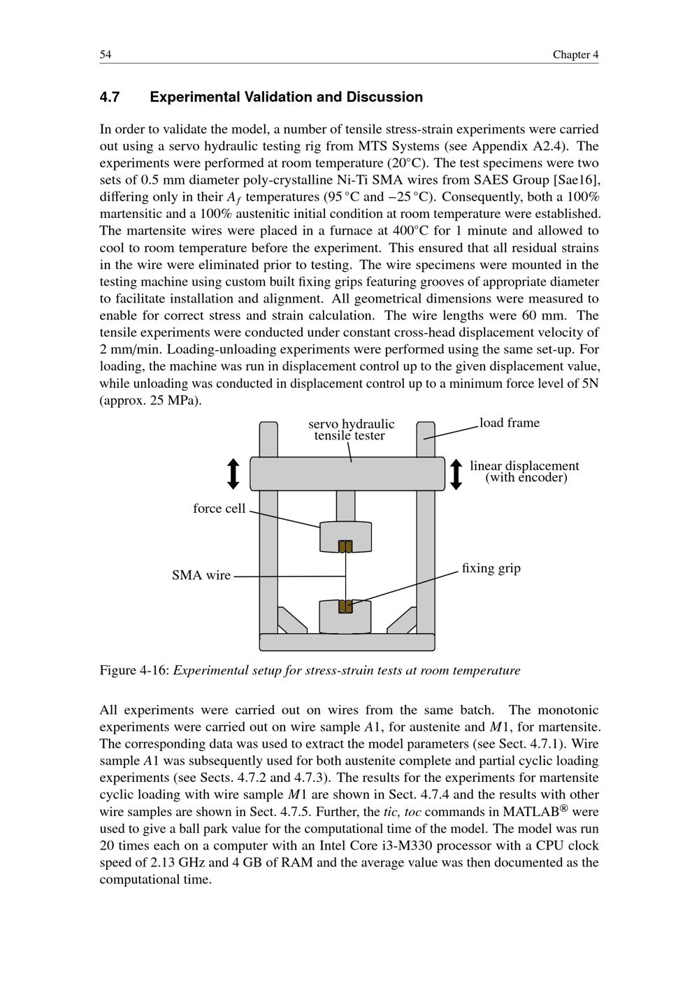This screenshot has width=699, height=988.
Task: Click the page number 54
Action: tap(106, 55)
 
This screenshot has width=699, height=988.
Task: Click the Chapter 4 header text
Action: tap(575, 55)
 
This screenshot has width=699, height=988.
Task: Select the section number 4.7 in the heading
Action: tap(110, 97)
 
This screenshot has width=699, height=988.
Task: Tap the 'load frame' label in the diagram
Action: tap(510, 423)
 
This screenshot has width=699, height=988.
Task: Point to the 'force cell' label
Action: tap(219, 509)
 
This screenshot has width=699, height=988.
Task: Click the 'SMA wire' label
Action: tap(201, 576)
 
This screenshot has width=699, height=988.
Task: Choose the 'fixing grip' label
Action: tap(491, 568)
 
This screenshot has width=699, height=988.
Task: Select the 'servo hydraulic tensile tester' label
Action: tap(351, 430)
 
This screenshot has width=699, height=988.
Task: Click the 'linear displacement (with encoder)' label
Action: tap(525, 472)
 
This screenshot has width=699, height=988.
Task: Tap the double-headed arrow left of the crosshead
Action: tap(234, 474)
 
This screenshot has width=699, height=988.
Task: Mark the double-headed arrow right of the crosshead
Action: tap(456, 474)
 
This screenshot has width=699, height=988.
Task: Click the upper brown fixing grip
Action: tap(345, 546)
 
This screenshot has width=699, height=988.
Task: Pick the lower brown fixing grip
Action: tap(345, 606)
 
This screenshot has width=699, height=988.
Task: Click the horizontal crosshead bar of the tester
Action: tap(347, 474)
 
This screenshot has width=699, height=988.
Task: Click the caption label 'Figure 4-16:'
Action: tap(135, 671)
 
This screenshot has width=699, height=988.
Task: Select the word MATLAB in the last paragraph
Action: tap(531, 812)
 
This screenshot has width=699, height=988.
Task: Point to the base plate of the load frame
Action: tap(347, 642)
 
